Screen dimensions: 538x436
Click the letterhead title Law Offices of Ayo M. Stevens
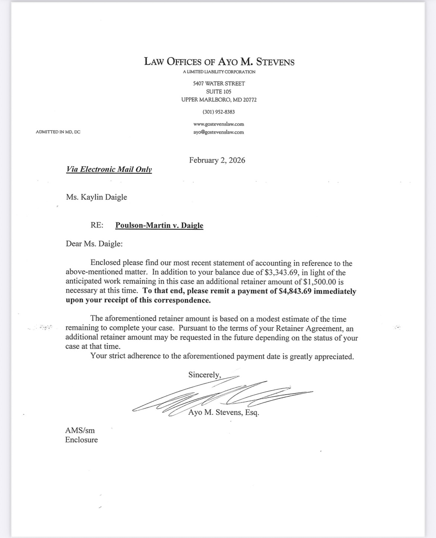click(x=219, y=61)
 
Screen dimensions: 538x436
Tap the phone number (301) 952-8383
click(x=219, y=112)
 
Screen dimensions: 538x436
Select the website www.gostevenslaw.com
click(x=219, y=124)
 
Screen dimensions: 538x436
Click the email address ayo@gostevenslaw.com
click(x=219, y=132)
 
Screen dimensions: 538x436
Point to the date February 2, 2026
click(x=217, y=160)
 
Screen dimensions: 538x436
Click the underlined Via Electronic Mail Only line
click(x=109, y=169)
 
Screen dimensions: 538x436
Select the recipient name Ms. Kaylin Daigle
click(x=97, y=197)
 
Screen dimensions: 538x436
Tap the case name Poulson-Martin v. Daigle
click(x=159, y=225)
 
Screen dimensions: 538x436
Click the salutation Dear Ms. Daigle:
click(x=94, y=244)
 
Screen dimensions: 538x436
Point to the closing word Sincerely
click(x=204, y=375)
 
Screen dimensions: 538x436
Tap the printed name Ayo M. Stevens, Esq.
click(x=224, y=413)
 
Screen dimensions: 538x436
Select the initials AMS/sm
click(x=80, y=430)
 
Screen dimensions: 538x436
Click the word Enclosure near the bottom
click(x=82, y=440)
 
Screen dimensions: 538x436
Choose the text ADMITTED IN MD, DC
click(x=58, y=132)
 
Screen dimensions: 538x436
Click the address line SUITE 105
click(x=219, y=92)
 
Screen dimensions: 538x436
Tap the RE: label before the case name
click(x=97, y=225)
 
